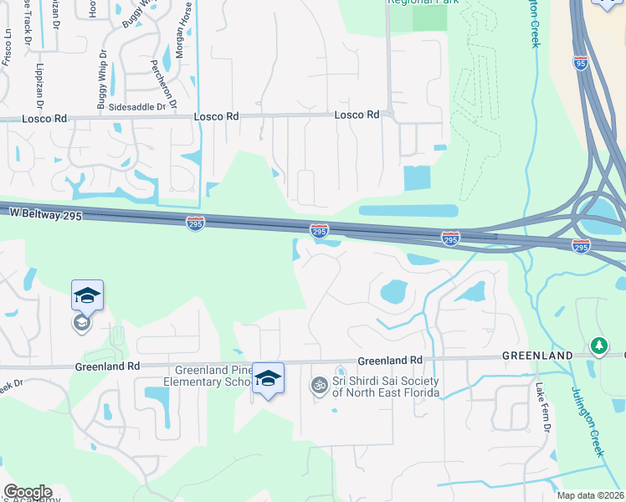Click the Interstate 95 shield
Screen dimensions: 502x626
point(581,63)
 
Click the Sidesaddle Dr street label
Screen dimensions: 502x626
point(137,109)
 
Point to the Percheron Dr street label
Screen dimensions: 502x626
point(164,85)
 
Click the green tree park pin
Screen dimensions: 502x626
point(598,345)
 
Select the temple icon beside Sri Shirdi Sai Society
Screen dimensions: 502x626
point(318,386)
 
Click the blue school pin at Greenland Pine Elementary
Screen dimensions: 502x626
point(268,379)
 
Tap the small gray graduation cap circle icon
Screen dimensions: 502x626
point(81,323)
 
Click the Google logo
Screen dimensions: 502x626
point(28,492)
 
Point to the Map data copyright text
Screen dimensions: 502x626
point(591,495)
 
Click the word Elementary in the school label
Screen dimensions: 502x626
point(208,383)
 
